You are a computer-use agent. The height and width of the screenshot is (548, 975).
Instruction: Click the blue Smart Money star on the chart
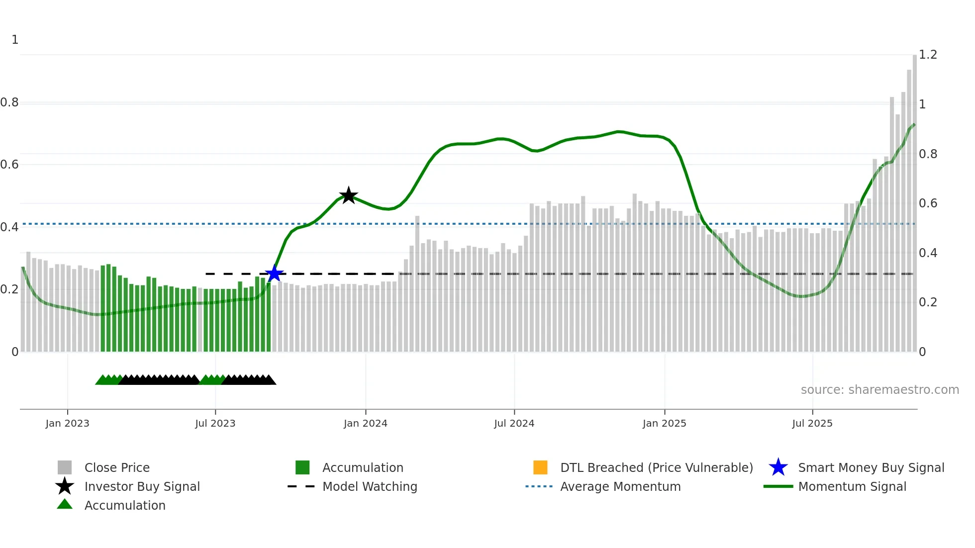click(x=274, y=274)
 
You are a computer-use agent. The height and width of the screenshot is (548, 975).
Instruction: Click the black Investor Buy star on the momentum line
click(x=348, y=195)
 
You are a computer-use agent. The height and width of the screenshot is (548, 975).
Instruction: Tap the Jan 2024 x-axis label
click(x=365, y=423)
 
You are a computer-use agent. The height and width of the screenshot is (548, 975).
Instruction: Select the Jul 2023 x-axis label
click(x=215, y=423)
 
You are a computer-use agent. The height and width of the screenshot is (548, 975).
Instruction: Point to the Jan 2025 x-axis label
click(x=664, y=423)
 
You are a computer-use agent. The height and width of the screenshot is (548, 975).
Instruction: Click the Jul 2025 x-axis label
click(x=812, y=423)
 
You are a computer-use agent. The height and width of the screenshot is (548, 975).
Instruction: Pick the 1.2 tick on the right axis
click(x=928, y=55)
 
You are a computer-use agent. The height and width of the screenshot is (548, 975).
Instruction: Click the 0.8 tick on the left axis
click(x=9, y=102)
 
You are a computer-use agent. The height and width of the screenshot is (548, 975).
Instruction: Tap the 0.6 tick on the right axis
click(x=928, y=203)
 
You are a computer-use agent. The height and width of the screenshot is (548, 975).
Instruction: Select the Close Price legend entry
click(x=117, y=467)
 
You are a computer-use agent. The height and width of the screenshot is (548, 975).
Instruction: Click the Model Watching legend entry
click(x=370, y=486)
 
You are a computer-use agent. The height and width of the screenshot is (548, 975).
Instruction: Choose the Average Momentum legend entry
click(x=620, y=486)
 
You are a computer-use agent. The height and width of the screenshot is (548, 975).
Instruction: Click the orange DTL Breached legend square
click(x=540, y=467)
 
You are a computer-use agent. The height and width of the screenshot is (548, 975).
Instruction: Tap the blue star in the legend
click(x=778, y=467)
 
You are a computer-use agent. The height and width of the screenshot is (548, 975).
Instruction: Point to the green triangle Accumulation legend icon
click(x=65, y=505)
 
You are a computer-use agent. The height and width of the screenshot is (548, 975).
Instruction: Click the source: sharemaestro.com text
click(x=879, y=390)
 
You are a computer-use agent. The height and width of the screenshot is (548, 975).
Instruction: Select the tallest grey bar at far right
click(x=914, y=199)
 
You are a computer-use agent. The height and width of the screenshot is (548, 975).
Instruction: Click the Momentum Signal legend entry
click(x=852, y=486)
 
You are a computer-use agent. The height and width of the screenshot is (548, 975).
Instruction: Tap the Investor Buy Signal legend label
click(x=142, y=486)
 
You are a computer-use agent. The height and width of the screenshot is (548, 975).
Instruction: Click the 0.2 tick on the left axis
click(x=9, y=289)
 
